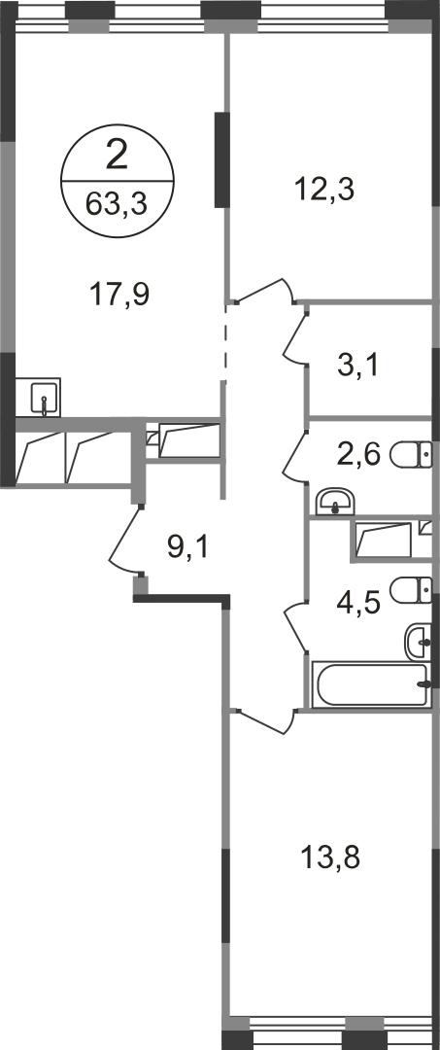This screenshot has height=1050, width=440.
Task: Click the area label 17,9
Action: (118, 294)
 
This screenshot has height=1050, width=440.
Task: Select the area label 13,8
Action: (330, 857)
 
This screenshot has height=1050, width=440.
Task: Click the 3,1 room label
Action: (357, 366)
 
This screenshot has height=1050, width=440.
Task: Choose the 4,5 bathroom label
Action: (357, 603)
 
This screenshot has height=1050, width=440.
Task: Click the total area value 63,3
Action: (117, 203)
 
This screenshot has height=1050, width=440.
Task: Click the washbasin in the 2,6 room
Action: (336, 502)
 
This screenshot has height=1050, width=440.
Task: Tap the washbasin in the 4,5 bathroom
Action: (419, 642)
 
